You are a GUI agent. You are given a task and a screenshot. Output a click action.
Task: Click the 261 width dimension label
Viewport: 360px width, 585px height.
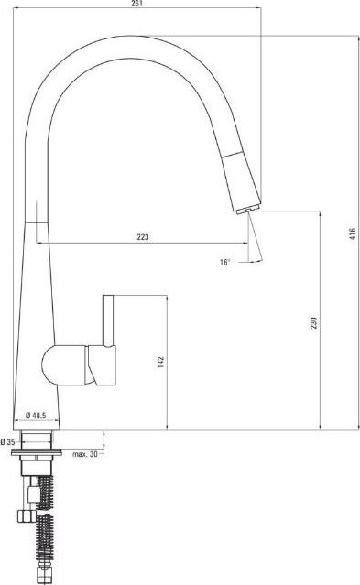[137, 4]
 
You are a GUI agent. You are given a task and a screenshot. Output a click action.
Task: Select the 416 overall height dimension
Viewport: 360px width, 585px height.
[353, 233]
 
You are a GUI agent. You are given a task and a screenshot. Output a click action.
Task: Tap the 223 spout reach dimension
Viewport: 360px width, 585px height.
[143, 237]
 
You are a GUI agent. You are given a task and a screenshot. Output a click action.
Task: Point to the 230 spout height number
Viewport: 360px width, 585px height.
[313, 323]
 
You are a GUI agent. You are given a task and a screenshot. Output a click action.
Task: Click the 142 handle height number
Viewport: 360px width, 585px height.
[160, 362]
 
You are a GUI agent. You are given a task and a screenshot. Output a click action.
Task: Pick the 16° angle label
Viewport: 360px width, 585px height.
[224, 262]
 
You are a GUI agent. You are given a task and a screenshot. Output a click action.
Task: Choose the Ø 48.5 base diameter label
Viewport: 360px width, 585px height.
[36, 415]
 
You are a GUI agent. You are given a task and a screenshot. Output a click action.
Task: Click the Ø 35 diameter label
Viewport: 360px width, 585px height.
[7, 442]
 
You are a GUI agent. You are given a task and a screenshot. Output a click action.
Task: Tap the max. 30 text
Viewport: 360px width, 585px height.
[85, 454]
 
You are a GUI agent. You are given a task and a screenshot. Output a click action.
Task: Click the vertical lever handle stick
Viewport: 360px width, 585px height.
[108, 320]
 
